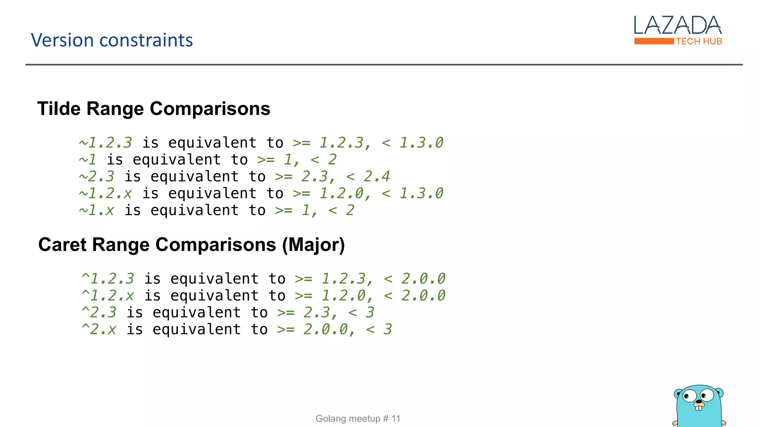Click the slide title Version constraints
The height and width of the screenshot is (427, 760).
coord(112,40)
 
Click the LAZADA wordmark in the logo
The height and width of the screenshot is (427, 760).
coord(678,25)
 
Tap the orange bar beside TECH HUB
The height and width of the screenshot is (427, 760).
coord(654,41)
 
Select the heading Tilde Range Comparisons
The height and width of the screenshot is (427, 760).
coord(154,109)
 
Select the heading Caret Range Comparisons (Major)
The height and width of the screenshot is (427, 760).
coord(191,245)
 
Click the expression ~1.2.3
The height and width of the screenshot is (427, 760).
coord(105,143)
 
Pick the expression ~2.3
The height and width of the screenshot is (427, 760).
coord(96,176)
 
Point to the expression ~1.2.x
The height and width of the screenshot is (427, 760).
coord(105,193)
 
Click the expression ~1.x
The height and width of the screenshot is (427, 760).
coord(96,211)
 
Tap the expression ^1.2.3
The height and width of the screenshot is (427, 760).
coord(108,279)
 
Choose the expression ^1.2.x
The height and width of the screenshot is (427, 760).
coord(108,296)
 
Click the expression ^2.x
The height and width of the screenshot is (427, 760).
coord(99,330)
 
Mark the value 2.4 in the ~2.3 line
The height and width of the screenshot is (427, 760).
coord(377,176)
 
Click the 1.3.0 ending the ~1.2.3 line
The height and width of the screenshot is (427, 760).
coord(421,143)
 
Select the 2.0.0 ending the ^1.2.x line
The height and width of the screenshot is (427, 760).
coord(423,296)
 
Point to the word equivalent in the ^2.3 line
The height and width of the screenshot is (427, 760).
coord(197,312)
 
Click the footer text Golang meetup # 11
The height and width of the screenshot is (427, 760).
coord(358,418)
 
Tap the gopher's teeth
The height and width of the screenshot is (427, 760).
coord(699,408)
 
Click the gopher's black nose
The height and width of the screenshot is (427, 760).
coord(699,401)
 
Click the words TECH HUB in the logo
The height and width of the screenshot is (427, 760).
coord(699,42)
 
